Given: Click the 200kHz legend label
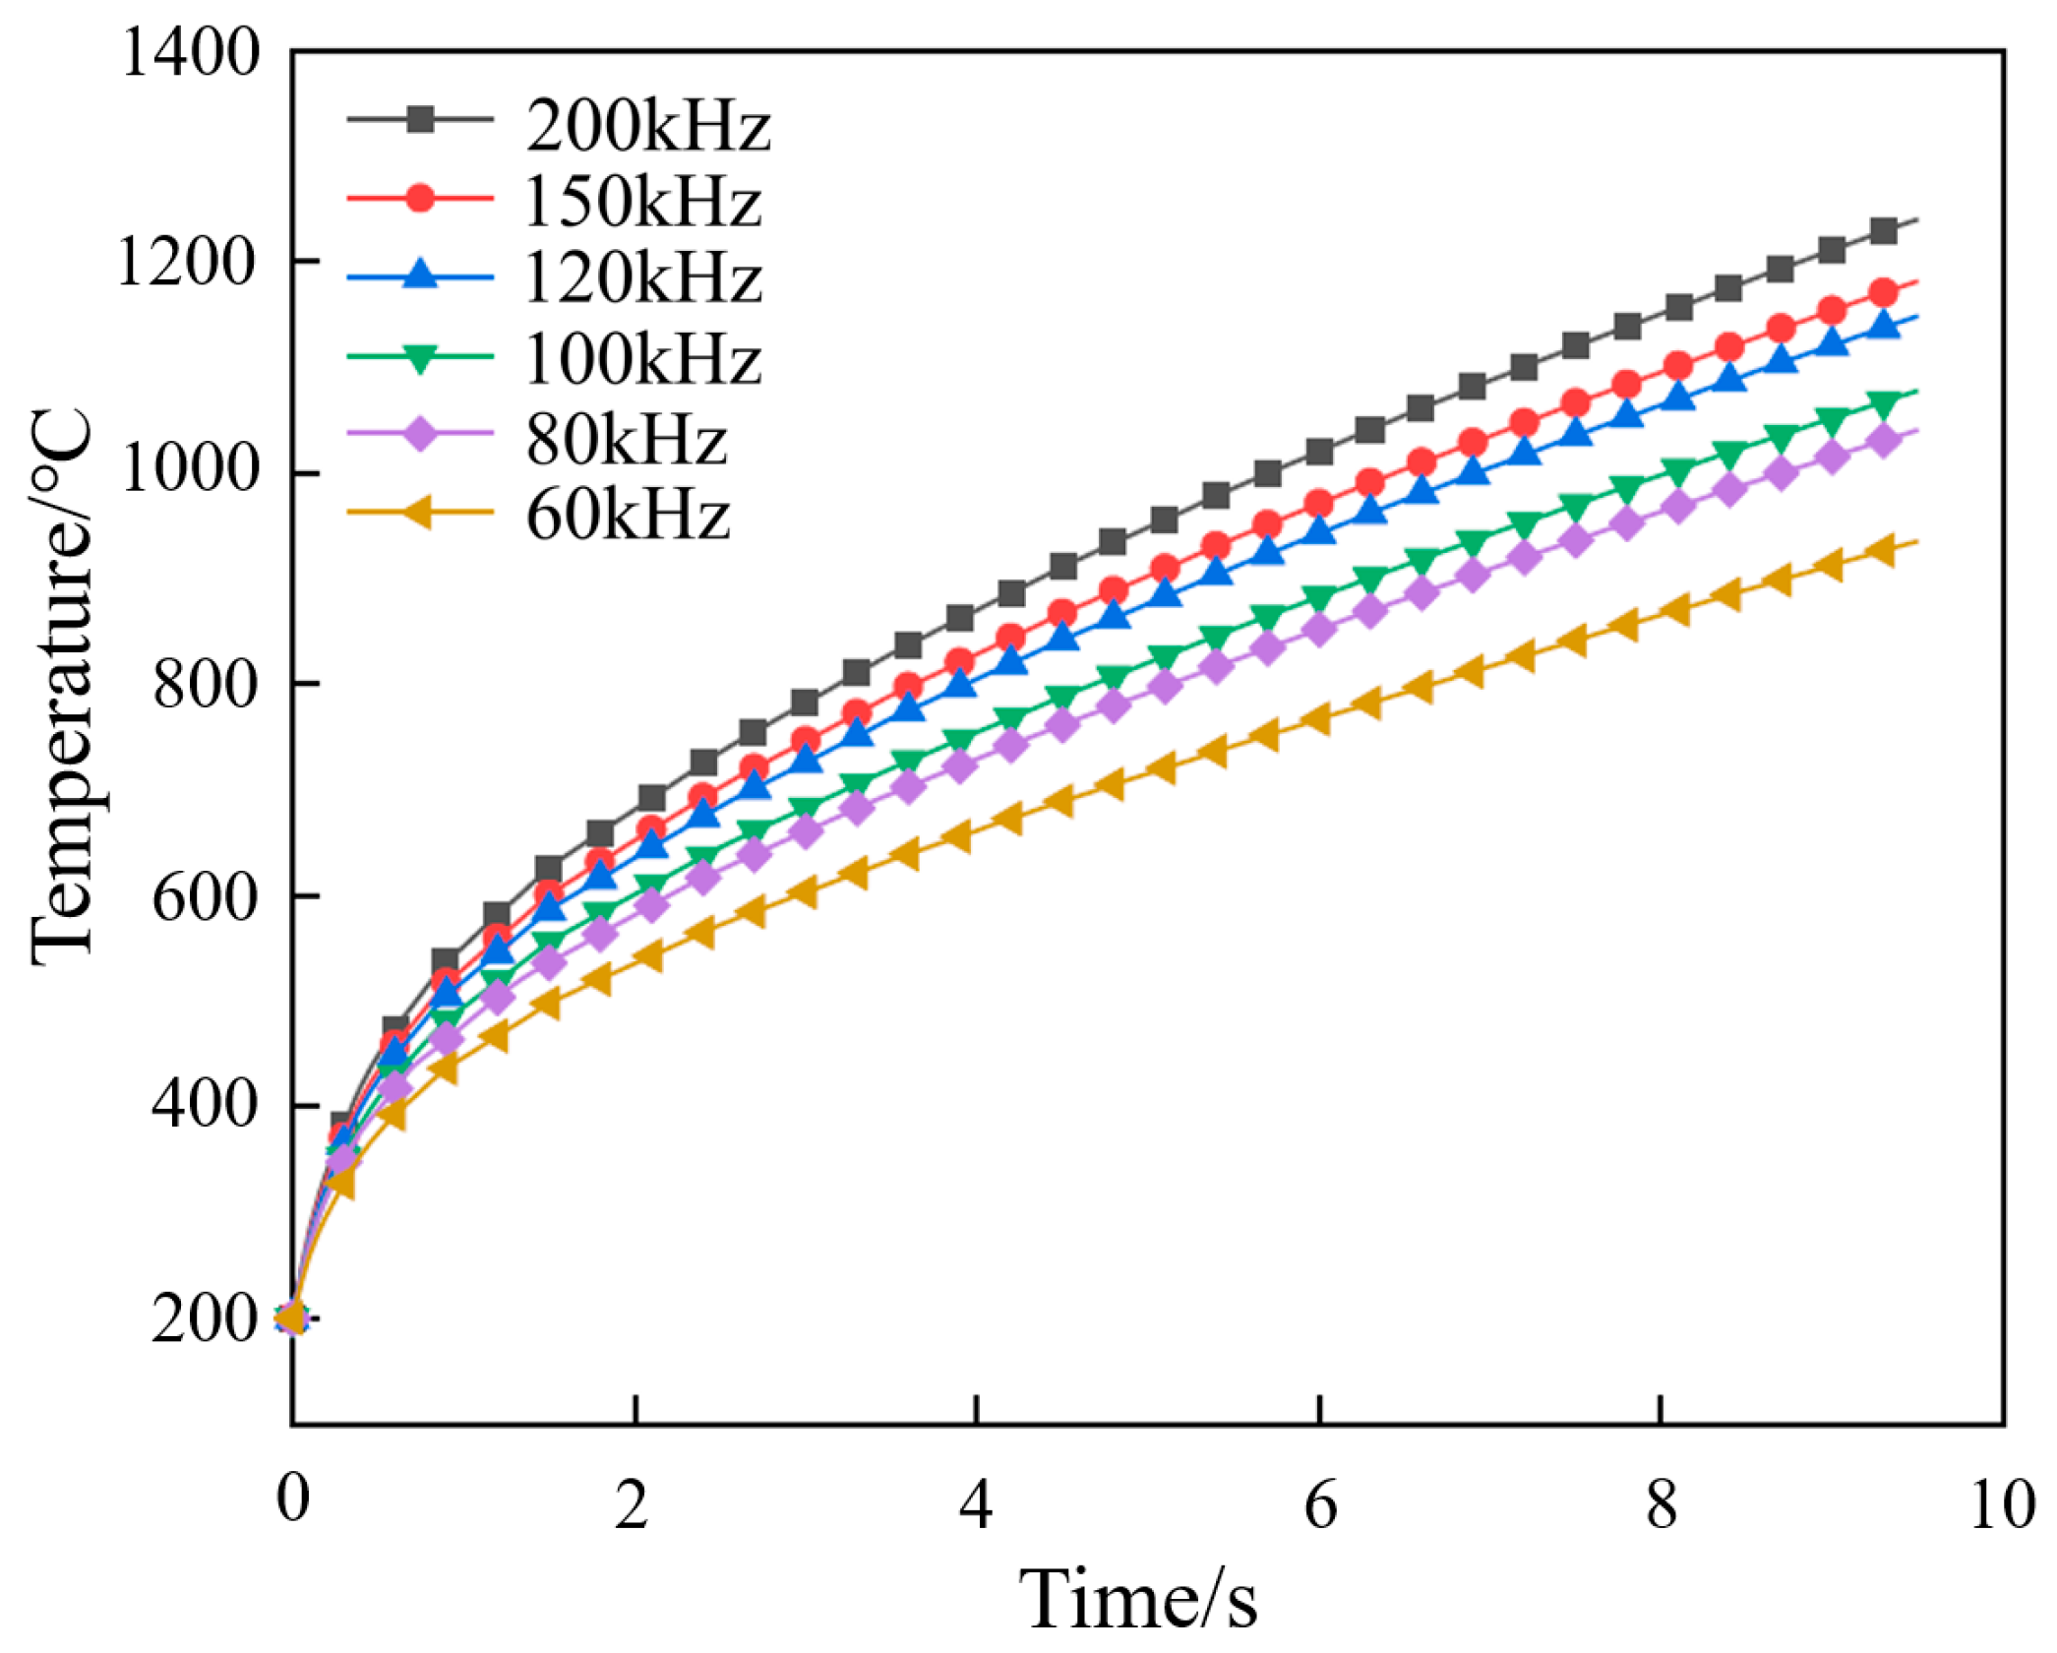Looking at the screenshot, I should [647, 125].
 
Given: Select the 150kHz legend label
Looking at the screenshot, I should [643, 202].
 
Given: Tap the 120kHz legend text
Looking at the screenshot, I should [643, 277].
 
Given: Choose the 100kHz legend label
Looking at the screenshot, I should [643, 358].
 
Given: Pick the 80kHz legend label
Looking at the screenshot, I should [627, 439].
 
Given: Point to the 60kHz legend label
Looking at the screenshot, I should [628, 515].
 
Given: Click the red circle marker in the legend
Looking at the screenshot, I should [420, 198].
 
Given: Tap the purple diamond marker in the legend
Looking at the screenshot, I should [420, 433].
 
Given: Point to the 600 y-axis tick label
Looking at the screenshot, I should [205, 897].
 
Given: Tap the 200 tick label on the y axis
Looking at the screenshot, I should [205, 1318].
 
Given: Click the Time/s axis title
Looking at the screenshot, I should [1137, 1600].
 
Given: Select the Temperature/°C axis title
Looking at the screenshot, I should [61, 688].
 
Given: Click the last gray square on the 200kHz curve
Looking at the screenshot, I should [1883, 231].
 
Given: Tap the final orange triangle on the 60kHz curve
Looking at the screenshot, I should [1881, 551].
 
